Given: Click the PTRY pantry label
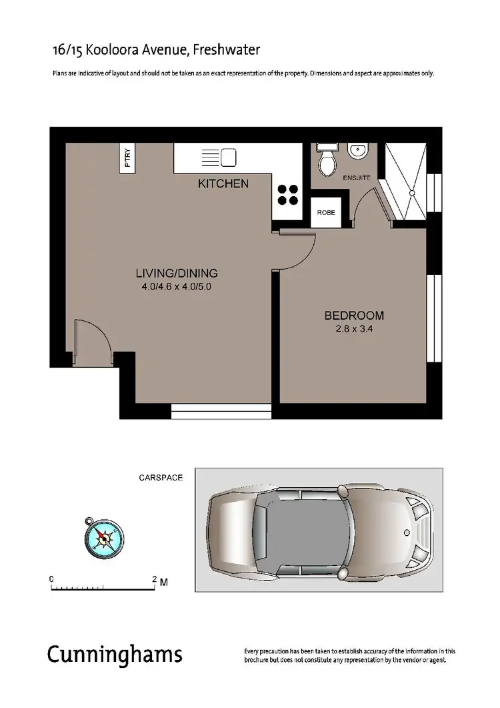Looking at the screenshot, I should tap(128, 159).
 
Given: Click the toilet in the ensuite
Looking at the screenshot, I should tap(327, 161).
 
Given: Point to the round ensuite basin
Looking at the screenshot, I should tap(357, 152).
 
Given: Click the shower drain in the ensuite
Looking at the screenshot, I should tap(414, 193).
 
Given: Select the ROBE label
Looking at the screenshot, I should tap(326, 214).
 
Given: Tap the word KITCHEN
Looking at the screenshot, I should tap(223, 184).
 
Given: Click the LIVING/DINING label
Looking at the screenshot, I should tap(177, 273).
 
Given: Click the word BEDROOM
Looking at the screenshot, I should tap(353, 316).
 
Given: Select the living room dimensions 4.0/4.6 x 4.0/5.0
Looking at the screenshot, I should tap(177, 286).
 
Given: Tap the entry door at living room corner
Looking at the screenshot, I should tap(93, 342).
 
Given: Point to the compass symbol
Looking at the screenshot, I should tap(103, 537).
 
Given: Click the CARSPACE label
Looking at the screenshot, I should tap(160, 478).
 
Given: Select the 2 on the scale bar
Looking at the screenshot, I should tap(155, 579).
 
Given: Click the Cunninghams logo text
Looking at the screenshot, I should tap(114, 654).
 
